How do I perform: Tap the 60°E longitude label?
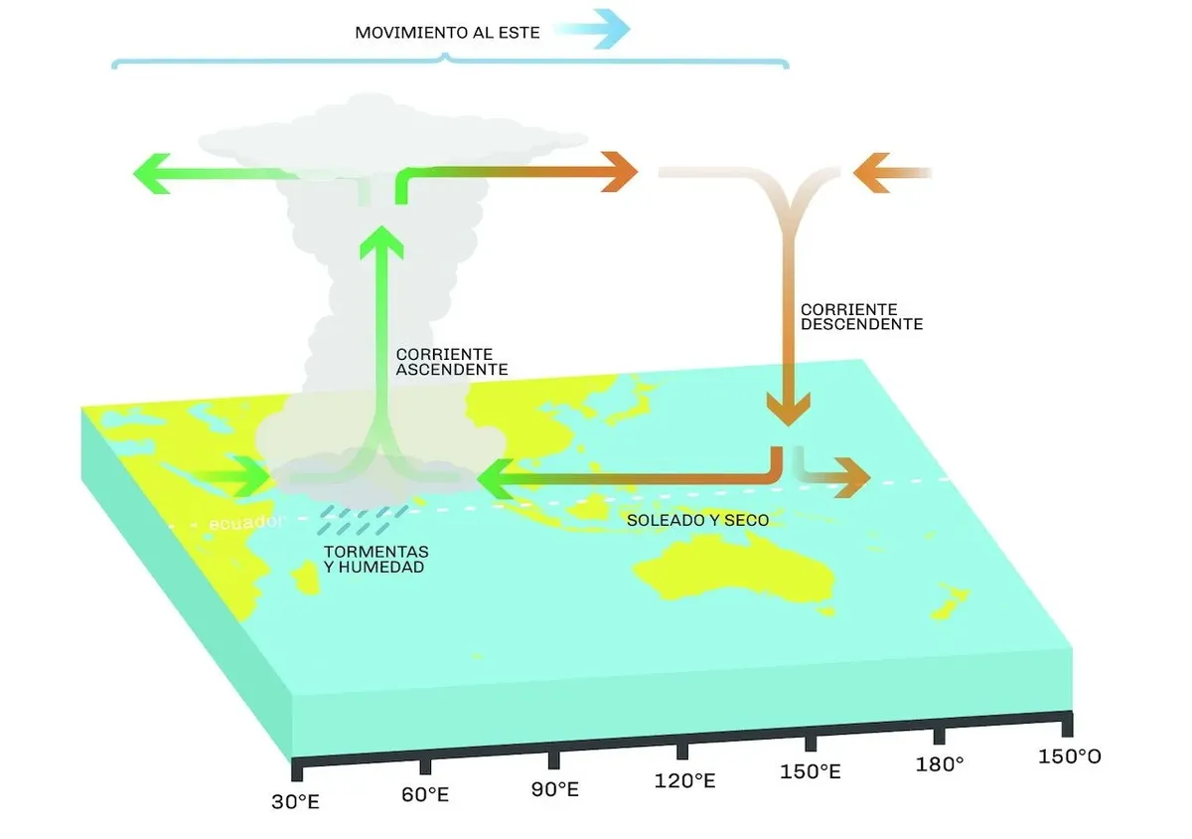pos(424,795)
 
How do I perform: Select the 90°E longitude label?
pos(554,789)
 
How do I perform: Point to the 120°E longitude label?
pos(684,781)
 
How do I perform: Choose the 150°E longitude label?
pos(811,771)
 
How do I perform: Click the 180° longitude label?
pos(940,764)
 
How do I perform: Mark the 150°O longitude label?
pos(1069,756)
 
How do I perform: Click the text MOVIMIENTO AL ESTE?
pos(447,33)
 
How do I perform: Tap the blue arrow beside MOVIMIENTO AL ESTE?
pos(596,29)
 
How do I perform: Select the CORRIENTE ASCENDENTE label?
pos(451,361)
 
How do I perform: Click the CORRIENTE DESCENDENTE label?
pos(861,317)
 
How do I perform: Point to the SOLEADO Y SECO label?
pos(696,520)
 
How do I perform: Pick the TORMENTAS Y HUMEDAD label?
pos(375,559)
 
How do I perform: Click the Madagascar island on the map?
pos(304,577)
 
